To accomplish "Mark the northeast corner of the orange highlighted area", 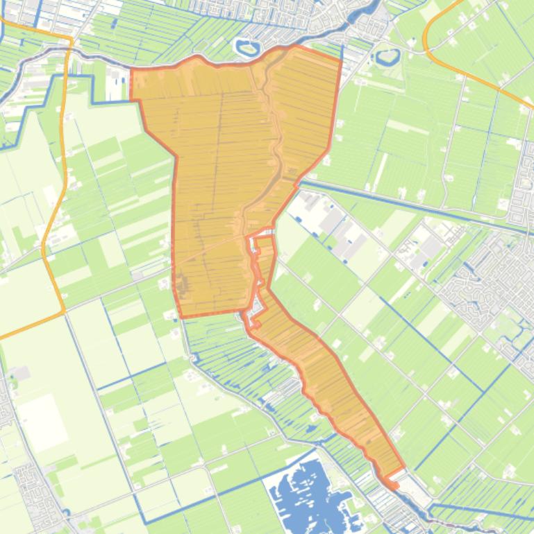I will [340, 59].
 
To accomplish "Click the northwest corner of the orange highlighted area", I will [132, 69].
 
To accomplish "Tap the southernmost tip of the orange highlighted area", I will [392, 485].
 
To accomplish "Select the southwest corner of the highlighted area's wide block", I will [182, 316].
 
